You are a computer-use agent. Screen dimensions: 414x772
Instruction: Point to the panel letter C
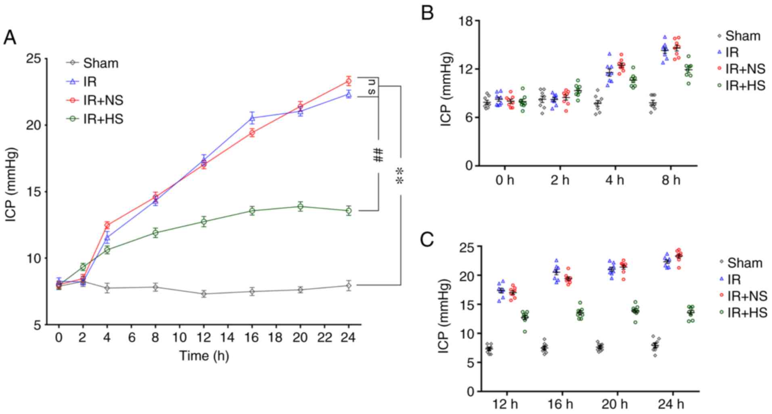click(x=427, y=240)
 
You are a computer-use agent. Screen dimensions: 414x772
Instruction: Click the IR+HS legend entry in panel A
click(x=103, y=119)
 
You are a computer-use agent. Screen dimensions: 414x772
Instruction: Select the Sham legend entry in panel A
click(x=100, y=63)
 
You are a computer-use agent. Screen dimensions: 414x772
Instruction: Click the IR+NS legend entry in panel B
click(x=745, y=69)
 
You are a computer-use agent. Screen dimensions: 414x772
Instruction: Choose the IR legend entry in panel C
click(x=734, y=280)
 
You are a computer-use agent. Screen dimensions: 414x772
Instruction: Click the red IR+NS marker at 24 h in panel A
click(x=349, y=81)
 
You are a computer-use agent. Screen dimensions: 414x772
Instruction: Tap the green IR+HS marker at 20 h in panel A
click(x=300, y=206)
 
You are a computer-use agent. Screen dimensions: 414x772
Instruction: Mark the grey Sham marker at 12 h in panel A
click(x=204, y=294)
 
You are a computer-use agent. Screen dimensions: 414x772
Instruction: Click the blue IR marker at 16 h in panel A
click(x=252, y=118)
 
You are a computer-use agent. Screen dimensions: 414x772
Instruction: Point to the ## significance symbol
click(x=378, y=155)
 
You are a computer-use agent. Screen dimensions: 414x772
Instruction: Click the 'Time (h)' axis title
click(x=204, y=356)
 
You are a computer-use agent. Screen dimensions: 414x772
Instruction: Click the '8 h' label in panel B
click(x=671, y=180)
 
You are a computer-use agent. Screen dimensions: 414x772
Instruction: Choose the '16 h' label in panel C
click(x=561, y=404)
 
